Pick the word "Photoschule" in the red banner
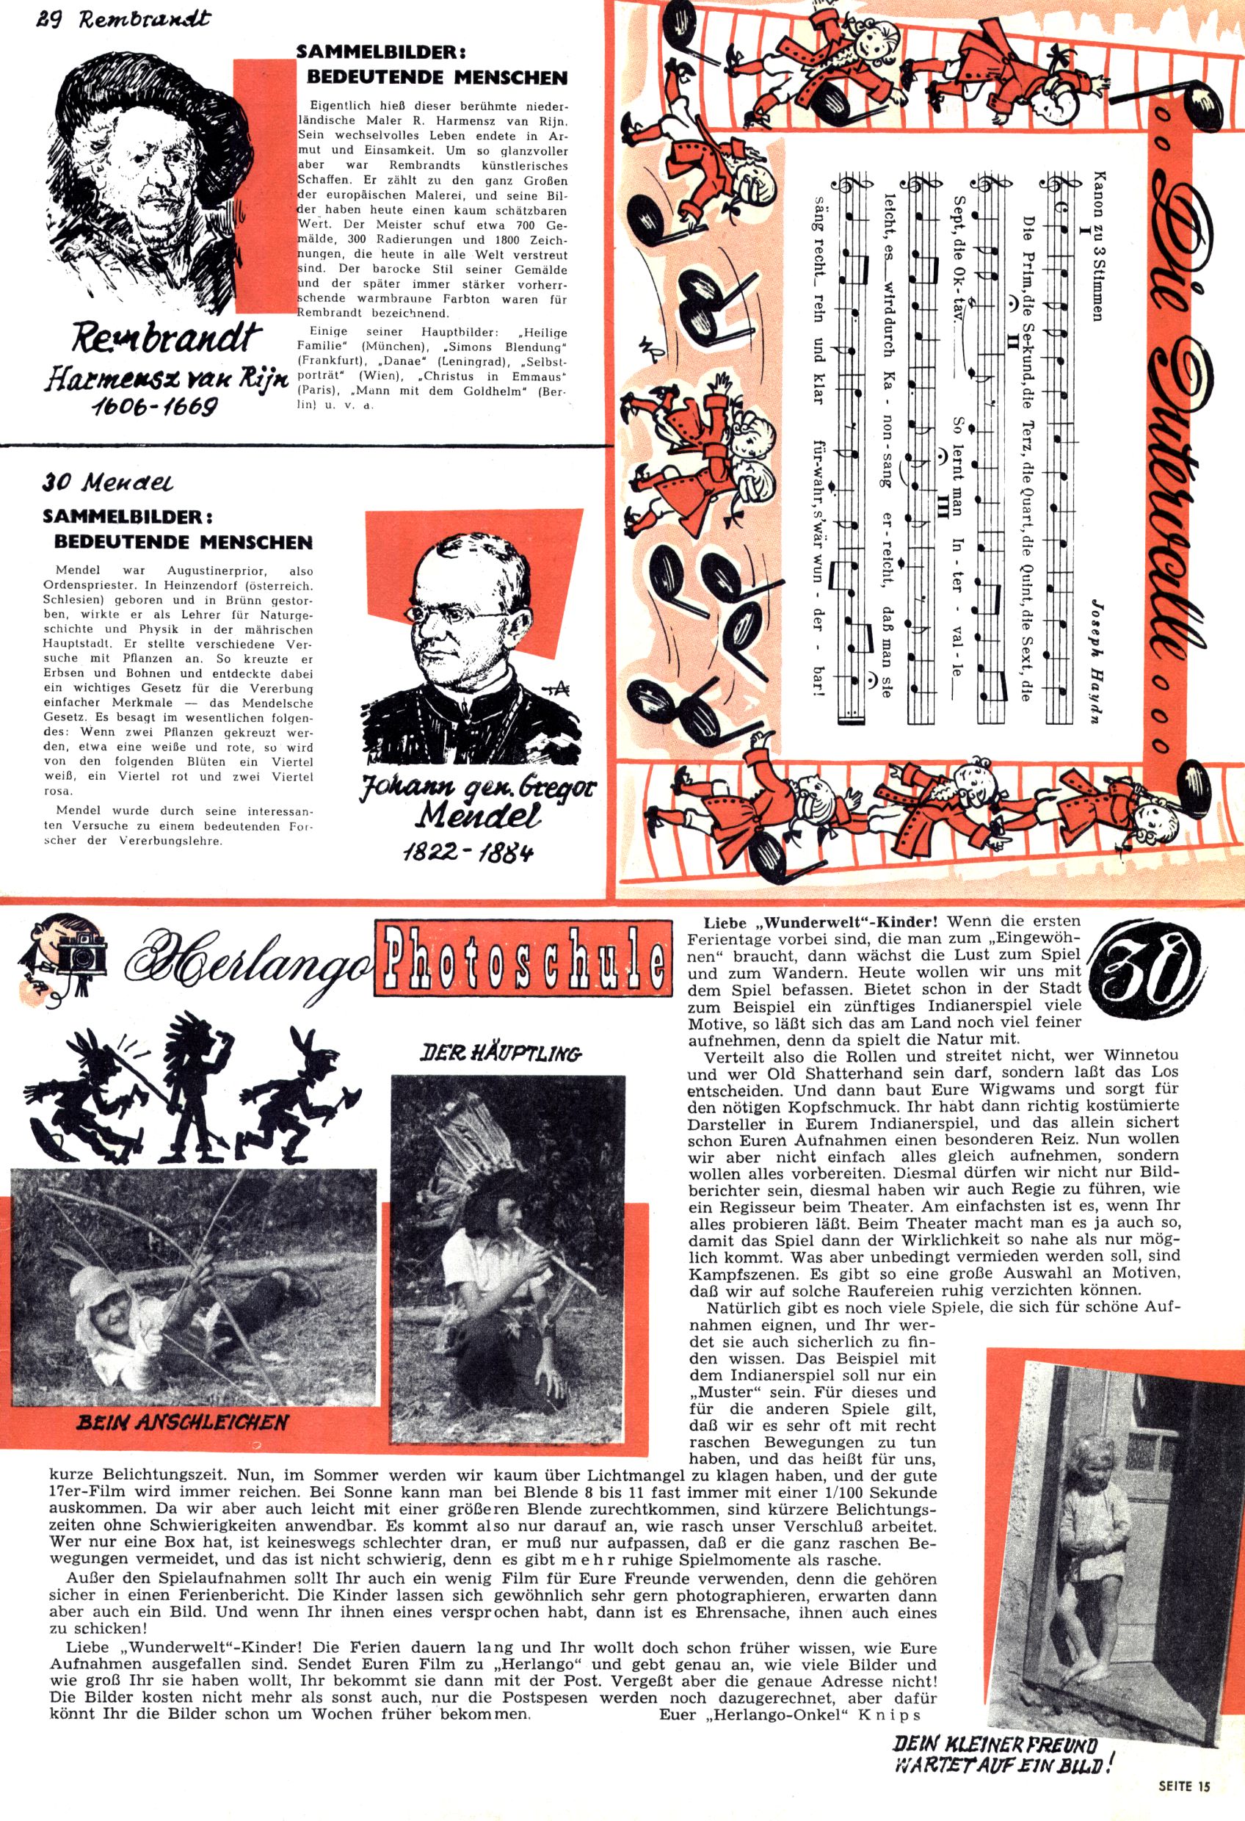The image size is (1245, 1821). [523, 959]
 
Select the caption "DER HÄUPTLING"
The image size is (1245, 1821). [501, 1053]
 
